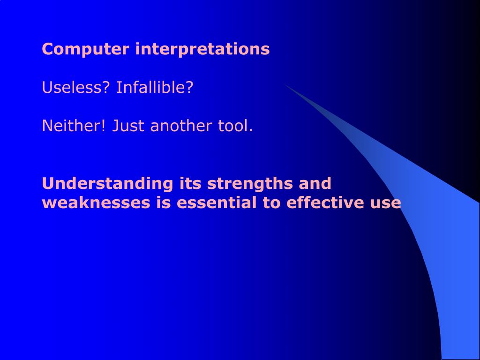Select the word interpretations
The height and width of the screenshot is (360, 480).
point(202,49)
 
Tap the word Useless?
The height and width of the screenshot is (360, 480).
point(75,87)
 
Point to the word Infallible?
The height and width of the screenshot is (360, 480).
point(155,87)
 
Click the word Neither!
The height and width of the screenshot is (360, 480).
point(74,126)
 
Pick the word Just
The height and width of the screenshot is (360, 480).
point(128,126)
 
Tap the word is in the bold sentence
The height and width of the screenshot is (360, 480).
point(164,202)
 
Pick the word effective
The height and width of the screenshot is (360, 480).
point(325,202)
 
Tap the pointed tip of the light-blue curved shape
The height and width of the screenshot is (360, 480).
point(285,84)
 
